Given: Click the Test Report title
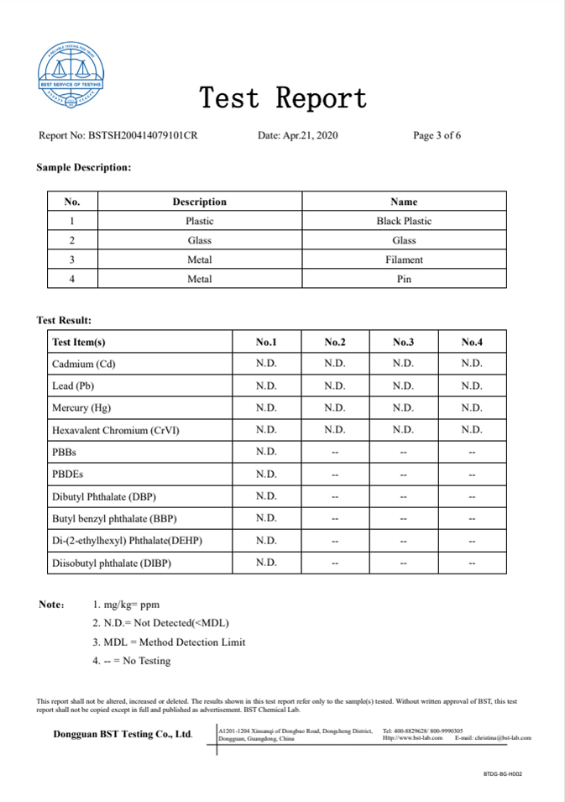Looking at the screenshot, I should click(x=283, y=98).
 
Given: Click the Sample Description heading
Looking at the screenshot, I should click(x=84, y=167).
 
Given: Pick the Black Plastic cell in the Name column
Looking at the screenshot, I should click(x=404, y=221).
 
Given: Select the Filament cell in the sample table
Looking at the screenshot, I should click(x=404, y=259).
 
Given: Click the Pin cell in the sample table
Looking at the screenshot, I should click(x=404, y=279).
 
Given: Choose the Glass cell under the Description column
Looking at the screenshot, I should click(x=200, y=240).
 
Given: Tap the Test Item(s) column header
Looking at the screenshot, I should click(x=79, y=342).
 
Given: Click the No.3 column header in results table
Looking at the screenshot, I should click(x=403, y=342).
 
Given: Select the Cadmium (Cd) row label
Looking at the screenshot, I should click(x=84, y=364).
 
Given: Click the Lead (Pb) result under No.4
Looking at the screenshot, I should click(x=472, y=385).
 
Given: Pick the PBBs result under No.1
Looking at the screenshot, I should click(x=266, y=452).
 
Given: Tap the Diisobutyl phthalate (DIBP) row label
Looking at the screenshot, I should click(x=112, y=563).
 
